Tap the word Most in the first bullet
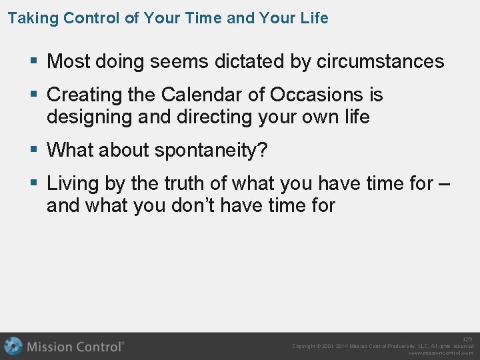(69, 62)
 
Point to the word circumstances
(380, 62)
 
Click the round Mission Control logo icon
(13, 346)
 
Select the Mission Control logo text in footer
(75, 347)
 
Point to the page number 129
(467, 339)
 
